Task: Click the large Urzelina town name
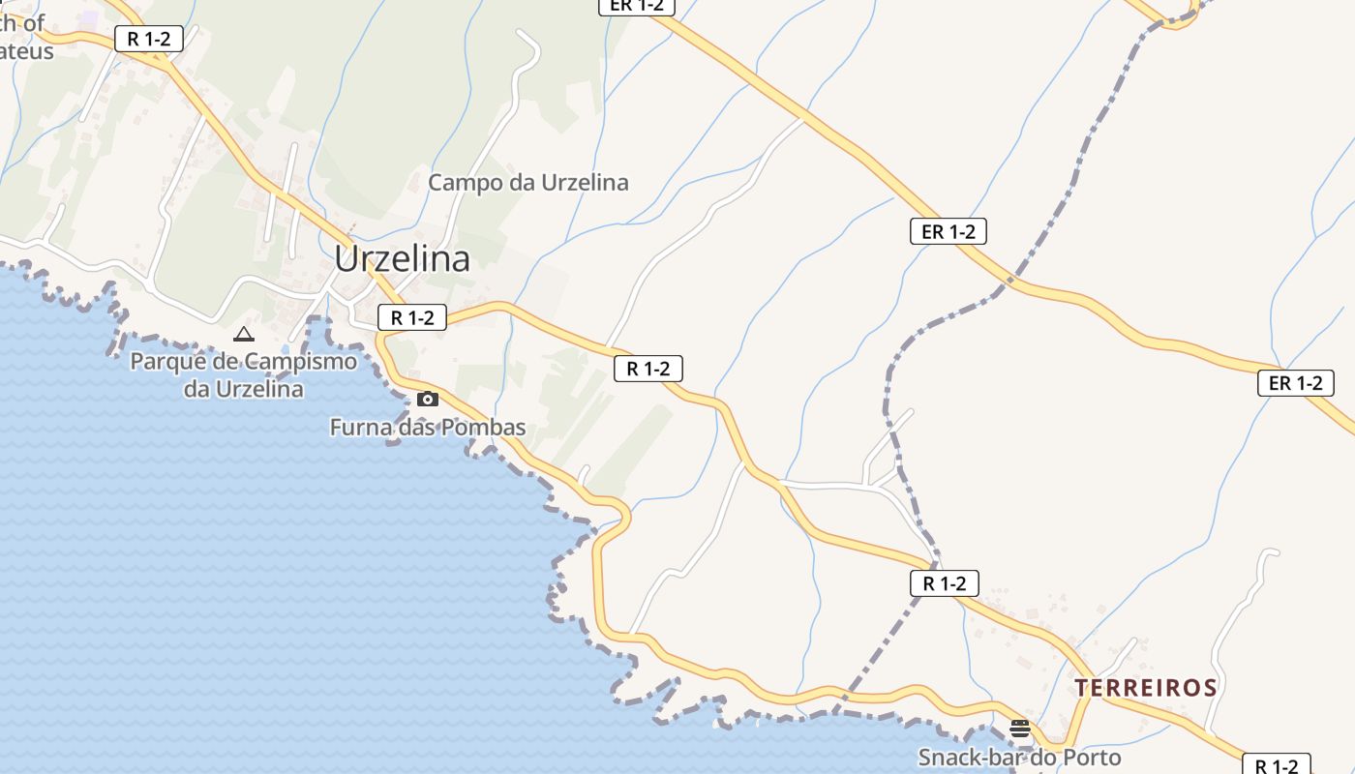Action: [403, 258]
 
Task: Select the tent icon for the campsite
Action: [244, 335]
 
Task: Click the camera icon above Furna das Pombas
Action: [427, 399]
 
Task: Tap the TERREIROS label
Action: [1146, 688]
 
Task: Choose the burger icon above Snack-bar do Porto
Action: [1020, 729]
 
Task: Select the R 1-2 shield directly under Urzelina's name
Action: [412, 317]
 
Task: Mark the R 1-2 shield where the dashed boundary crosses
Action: [945, 583]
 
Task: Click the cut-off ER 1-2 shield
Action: [637, 6]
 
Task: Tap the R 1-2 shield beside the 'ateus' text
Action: [149, 39]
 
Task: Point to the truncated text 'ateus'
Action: [27, 50]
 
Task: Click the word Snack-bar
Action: [973, 758]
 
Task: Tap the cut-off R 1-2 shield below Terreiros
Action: [1276, 764]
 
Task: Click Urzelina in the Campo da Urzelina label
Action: [585, 182]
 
